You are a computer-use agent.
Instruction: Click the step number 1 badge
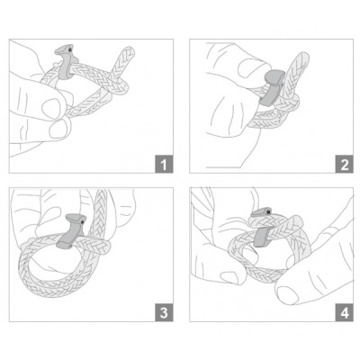coord(164,164)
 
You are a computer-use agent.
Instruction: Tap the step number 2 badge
coord(344,164)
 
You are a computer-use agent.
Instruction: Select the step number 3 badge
coord(164,312)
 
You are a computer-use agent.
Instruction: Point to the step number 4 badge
coord(344,312)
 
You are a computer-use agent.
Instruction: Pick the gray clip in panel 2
coord(271,87)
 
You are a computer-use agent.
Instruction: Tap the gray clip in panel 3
coord(72,231)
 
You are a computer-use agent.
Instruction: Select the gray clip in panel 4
coord(262,228)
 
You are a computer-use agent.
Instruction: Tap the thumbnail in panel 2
coord(250,68)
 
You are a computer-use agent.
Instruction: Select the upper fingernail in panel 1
coord(51,109)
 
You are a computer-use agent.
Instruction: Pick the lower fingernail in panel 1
coord(58,130)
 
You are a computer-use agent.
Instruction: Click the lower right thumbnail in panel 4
coord(288,294)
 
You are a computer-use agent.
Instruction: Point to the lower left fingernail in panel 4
coord(229,277)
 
